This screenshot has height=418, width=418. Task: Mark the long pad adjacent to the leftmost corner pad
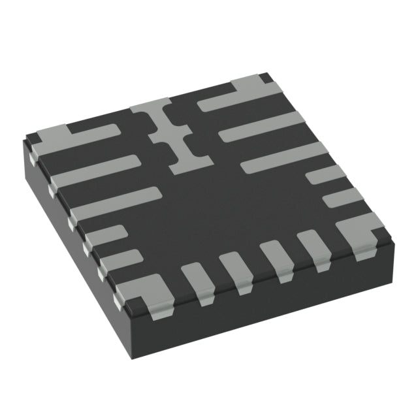click(95, 171)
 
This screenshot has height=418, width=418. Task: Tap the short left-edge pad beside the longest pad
click(104, 235)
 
